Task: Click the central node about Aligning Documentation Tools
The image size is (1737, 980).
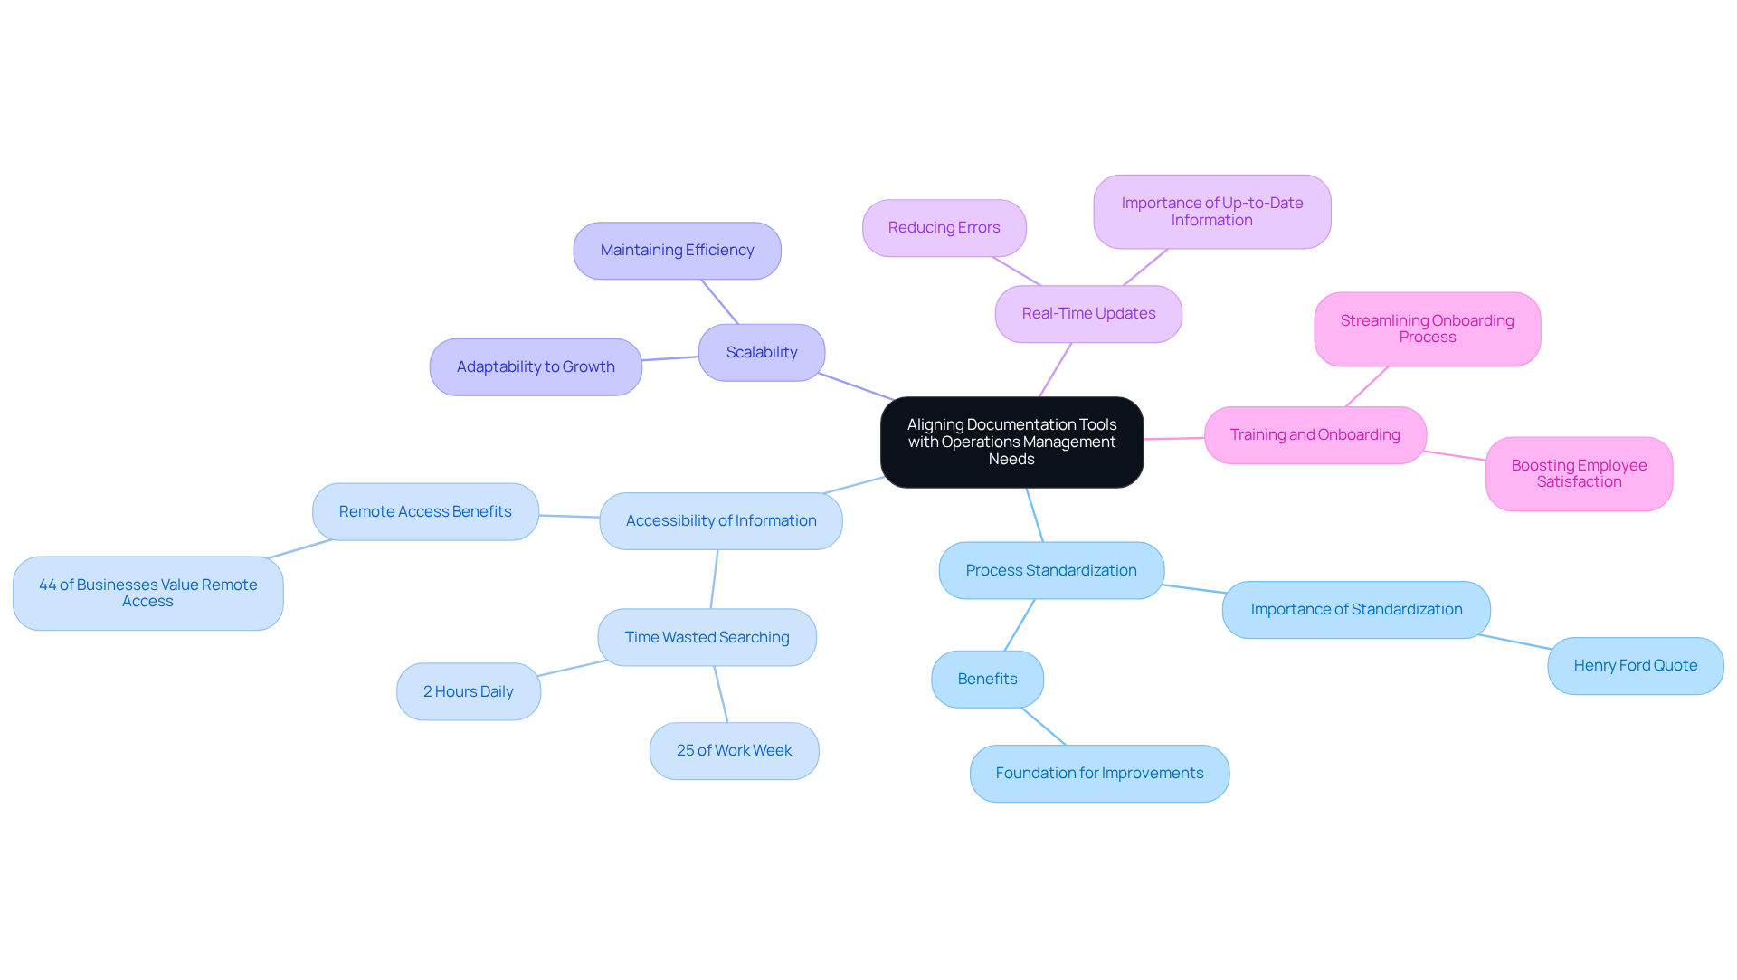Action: click(1011, 442)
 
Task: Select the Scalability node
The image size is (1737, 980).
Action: click(761, 353)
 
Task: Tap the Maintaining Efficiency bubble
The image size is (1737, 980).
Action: click(677, 251)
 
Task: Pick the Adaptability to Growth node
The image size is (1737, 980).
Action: click(536, 367)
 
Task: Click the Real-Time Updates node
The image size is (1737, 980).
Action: click(1088, 314)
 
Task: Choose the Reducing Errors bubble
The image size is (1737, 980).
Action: click(944, 228)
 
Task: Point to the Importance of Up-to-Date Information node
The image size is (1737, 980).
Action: click(1211, 212)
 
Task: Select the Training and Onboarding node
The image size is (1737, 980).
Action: click(1315, 435)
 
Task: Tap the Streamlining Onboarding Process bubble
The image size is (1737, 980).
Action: click(1427, 329)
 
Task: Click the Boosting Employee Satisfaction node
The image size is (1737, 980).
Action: click(1579, 474)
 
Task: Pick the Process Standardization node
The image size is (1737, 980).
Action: click(1051, 571)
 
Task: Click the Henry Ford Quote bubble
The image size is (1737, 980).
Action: click(1635, 666)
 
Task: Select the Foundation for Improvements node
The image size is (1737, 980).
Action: click(1099, 774)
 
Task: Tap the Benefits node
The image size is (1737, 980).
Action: click(987, 680)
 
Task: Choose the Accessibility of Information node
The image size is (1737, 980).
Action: click(721, 521)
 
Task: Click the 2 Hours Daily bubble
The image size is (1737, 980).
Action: click(468, 692)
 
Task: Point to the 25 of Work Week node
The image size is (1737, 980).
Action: click(734, 751)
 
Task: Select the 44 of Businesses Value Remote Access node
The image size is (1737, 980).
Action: click(148, 594)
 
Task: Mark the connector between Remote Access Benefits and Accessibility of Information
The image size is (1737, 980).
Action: click(569, 516)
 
